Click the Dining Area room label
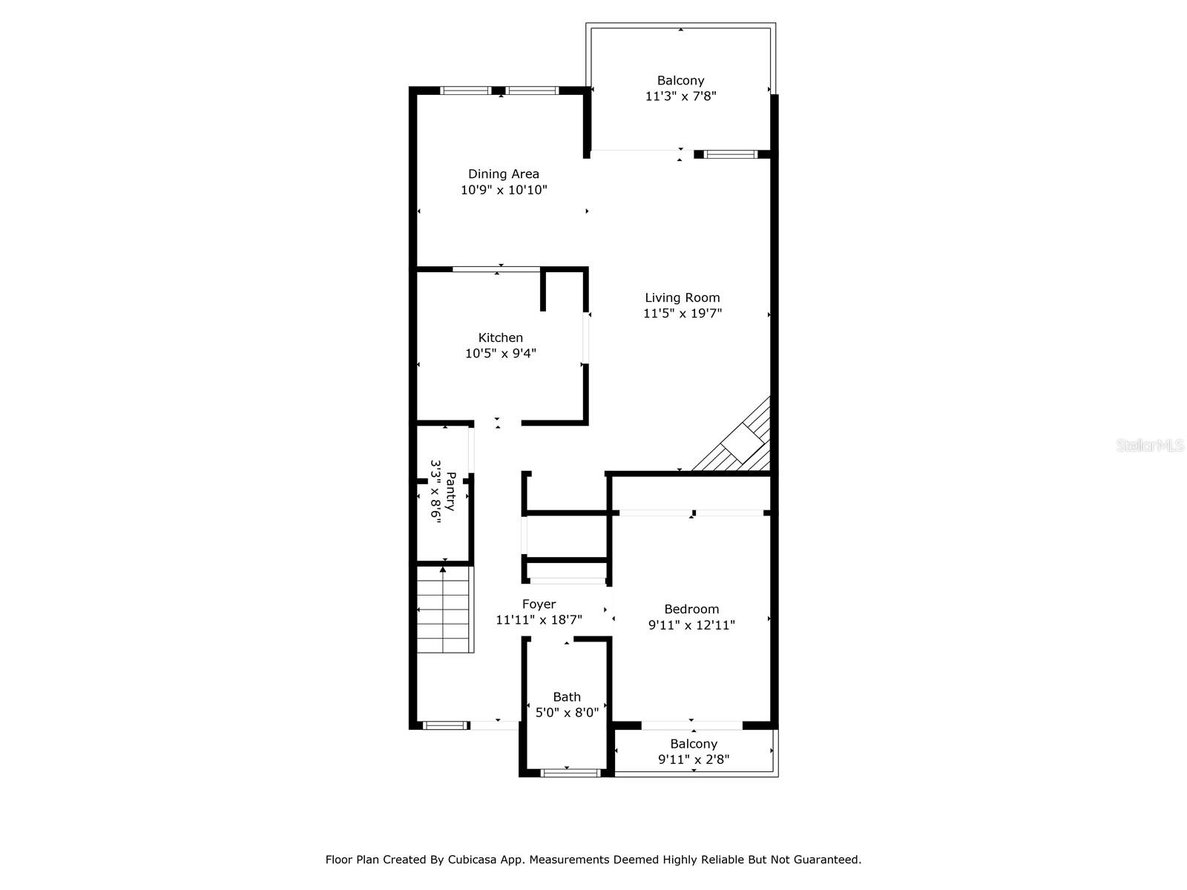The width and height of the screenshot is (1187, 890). click(503, 174)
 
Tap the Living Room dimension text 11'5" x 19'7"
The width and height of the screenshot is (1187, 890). click(682, 313)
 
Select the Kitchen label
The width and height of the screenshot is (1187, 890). click(500, 337)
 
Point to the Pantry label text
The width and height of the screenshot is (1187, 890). click(450, 491)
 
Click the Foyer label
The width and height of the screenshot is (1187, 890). click(539, 604)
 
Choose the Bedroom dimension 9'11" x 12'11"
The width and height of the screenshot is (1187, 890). click(691, 624)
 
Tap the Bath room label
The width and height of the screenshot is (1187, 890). click(567, 697)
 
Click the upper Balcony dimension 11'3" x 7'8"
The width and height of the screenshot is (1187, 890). click(680, 96)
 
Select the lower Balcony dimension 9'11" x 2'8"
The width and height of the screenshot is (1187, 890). click(693, 759)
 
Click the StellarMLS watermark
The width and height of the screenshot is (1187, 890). click(1149, 445)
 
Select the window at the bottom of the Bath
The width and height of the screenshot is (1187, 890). click(571, 773)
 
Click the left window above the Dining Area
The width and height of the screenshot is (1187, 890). click(466, 90)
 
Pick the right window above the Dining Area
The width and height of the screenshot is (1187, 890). click(533, 90)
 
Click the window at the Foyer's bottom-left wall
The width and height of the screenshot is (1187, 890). click(445, 725)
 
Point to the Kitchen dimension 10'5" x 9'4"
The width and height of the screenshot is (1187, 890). click(500, 354)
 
